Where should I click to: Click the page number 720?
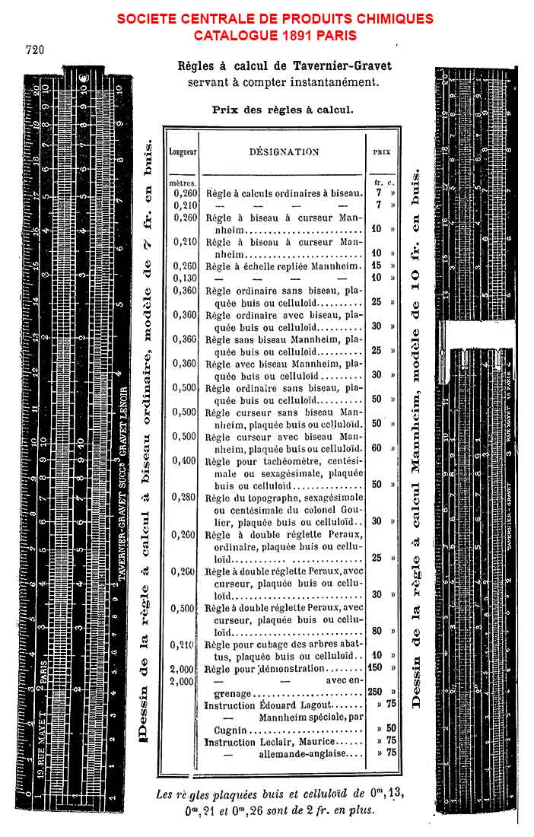pos(34,51)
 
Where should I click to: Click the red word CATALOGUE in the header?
pos(229,35)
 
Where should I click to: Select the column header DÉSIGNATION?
pos(284,151)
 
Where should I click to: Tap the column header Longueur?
pos(183,151)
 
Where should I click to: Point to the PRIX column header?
pos(381,151)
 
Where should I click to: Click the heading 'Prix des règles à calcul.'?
pos(282,109)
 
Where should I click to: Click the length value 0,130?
pos(185,278)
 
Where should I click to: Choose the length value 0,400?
pos(185,460)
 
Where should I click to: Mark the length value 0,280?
pos(185,497)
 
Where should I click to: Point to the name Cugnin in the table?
pos(221,729)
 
